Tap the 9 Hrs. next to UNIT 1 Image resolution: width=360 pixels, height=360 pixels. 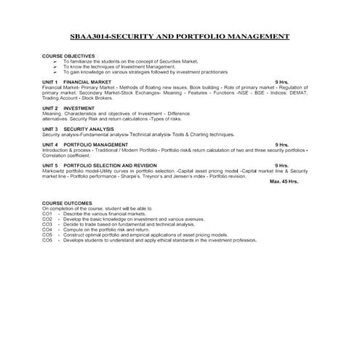coord(281,83)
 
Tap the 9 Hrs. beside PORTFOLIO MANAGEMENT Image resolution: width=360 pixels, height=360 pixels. coord(281,145)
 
